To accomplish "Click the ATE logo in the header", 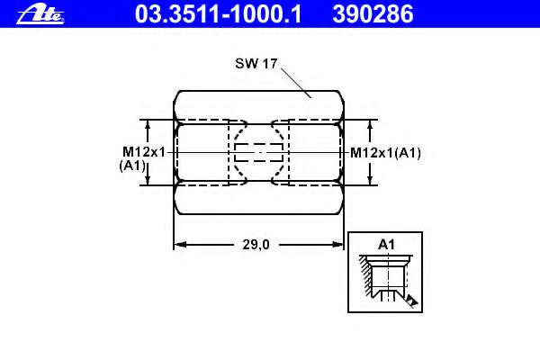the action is click(40, 14).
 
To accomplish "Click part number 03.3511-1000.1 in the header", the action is click(219, 14).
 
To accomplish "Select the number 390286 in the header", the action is click(373, 14).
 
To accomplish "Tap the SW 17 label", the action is click(256, 63).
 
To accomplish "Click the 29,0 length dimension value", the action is click(256, 245).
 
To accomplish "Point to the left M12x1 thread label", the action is click(144, 152).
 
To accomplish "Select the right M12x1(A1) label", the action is click(385, 153).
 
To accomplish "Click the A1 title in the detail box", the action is click(386, 245).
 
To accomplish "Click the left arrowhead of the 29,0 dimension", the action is click(180, 245).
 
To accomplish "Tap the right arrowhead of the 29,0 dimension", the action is click(337, 245).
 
